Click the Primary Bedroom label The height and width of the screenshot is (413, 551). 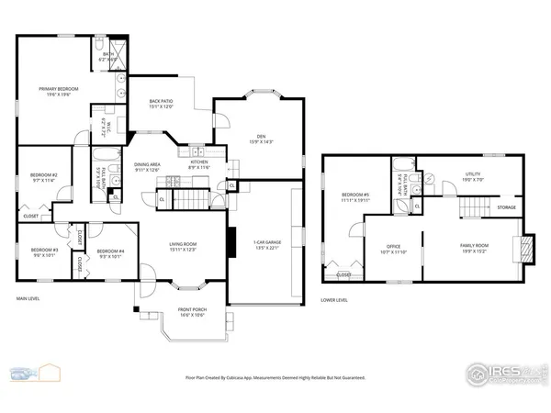click(58, 90)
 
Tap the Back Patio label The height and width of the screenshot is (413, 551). click(161, 103)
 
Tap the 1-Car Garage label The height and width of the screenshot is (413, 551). click(266, 245)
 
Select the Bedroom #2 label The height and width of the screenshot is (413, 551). click(44, 177)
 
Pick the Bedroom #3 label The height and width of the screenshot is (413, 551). click(44, 252)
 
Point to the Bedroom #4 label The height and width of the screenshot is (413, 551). click(110, 252)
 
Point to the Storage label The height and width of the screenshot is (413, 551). click(506, 208)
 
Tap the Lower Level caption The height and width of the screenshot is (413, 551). click(333, 300)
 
